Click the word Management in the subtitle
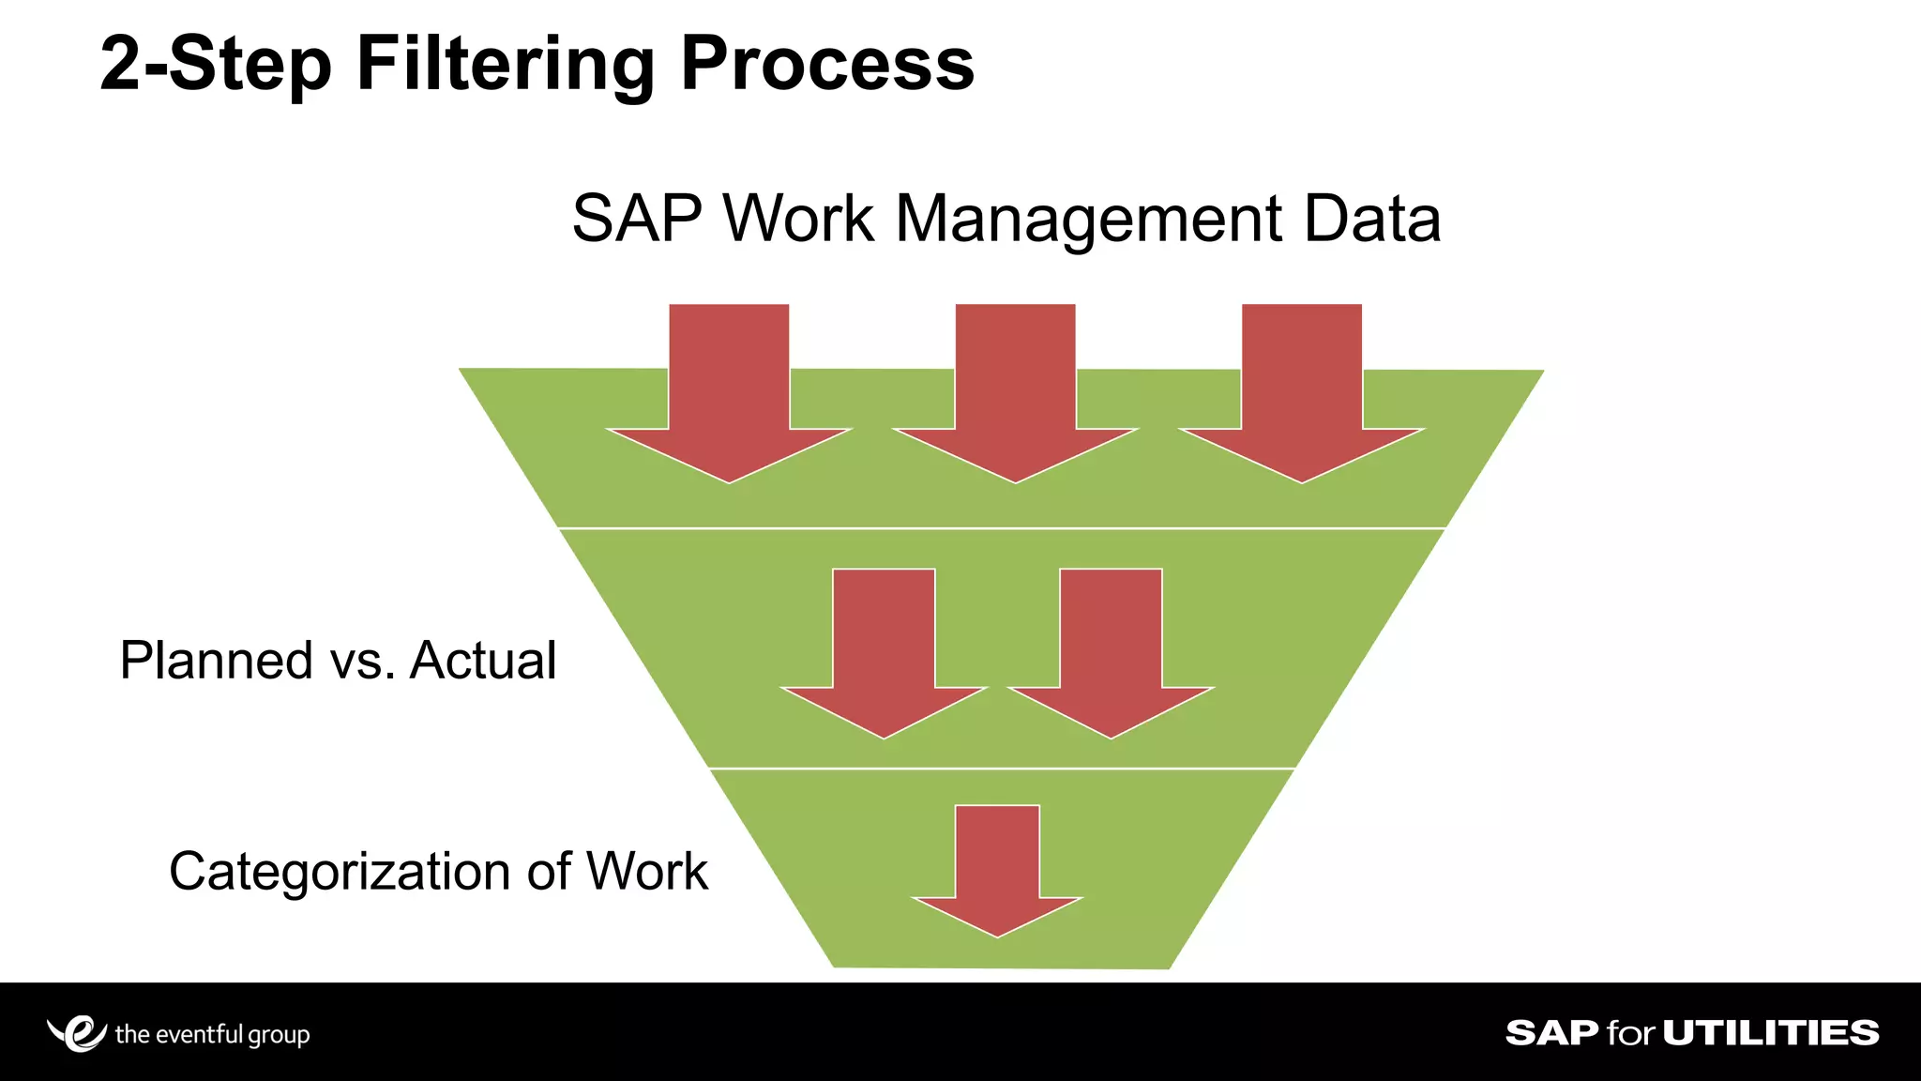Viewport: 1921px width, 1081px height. pos(1089,220)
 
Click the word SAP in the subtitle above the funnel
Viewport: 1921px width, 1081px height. pos(637,220)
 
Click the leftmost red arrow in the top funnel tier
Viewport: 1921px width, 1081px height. pos(729,394)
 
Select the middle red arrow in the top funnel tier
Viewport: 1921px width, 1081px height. pos(1015,394)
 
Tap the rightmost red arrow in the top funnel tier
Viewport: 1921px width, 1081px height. pos(1302,394)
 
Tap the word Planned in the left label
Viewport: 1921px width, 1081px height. pos(216,660)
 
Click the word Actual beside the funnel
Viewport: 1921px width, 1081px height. pos(483,660)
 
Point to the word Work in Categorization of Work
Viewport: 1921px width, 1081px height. pos(646,872)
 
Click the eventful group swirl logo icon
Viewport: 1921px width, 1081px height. pos(78,1033)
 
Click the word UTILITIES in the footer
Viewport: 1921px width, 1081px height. pos(1771,1033)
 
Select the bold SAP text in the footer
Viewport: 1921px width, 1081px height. pos(1551,1033)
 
